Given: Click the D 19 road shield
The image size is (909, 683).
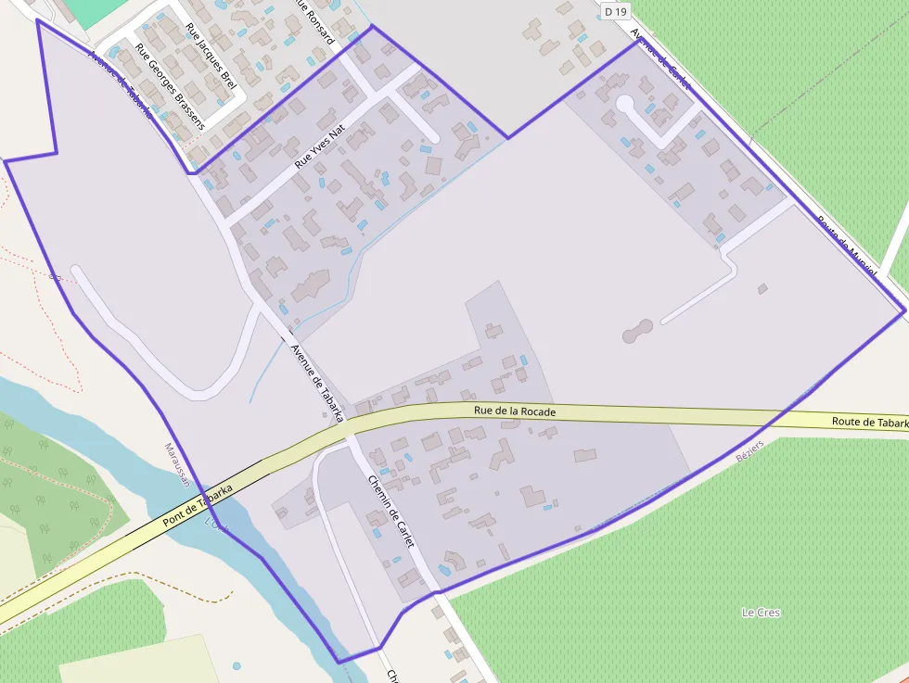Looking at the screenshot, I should point(614,12).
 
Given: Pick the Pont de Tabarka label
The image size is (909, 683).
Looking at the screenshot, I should point(197,506).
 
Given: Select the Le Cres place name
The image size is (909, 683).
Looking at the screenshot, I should point(761,613).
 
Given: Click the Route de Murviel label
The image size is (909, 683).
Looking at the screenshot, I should point(846,247).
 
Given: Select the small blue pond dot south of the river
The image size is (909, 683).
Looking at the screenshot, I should point(237,665).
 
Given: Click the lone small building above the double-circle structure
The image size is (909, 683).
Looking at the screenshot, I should point(762,289).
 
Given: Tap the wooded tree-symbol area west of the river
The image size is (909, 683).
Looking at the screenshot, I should point(56,482).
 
